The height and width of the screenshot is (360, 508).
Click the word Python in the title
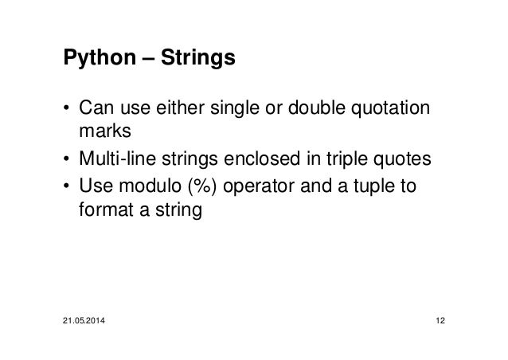(92, 59)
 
